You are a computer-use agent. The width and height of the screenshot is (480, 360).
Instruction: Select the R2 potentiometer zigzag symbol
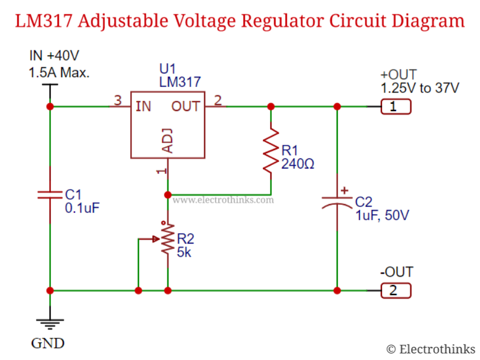coord(167,240)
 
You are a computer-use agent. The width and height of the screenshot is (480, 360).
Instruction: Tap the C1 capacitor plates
coord(49,194)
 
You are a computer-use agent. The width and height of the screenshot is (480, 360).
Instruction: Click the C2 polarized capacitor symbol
coord(337,201)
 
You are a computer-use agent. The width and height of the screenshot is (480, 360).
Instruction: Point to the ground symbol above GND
coord(49,325)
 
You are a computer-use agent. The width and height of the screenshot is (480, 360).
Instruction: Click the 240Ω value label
coord(298,162)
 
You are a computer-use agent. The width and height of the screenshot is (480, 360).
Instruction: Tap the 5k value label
coord(184,253)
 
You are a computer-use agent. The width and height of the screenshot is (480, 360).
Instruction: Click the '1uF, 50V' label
coord(382,215)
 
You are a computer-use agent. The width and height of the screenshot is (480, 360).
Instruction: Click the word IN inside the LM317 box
coord(143,107)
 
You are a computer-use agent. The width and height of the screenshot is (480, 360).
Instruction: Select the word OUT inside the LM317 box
coord(186,107)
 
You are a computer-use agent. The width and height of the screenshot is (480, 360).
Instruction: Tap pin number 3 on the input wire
coord(118,100)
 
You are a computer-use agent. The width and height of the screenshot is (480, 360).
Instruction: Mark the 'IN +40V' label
coord(54,56)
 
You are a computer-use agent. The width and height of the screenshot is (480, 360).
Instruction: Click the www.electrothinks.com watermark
coord(223,200)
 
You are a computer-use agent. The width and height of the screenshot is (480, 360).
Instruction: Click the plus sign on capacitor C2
coord(344,191)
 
